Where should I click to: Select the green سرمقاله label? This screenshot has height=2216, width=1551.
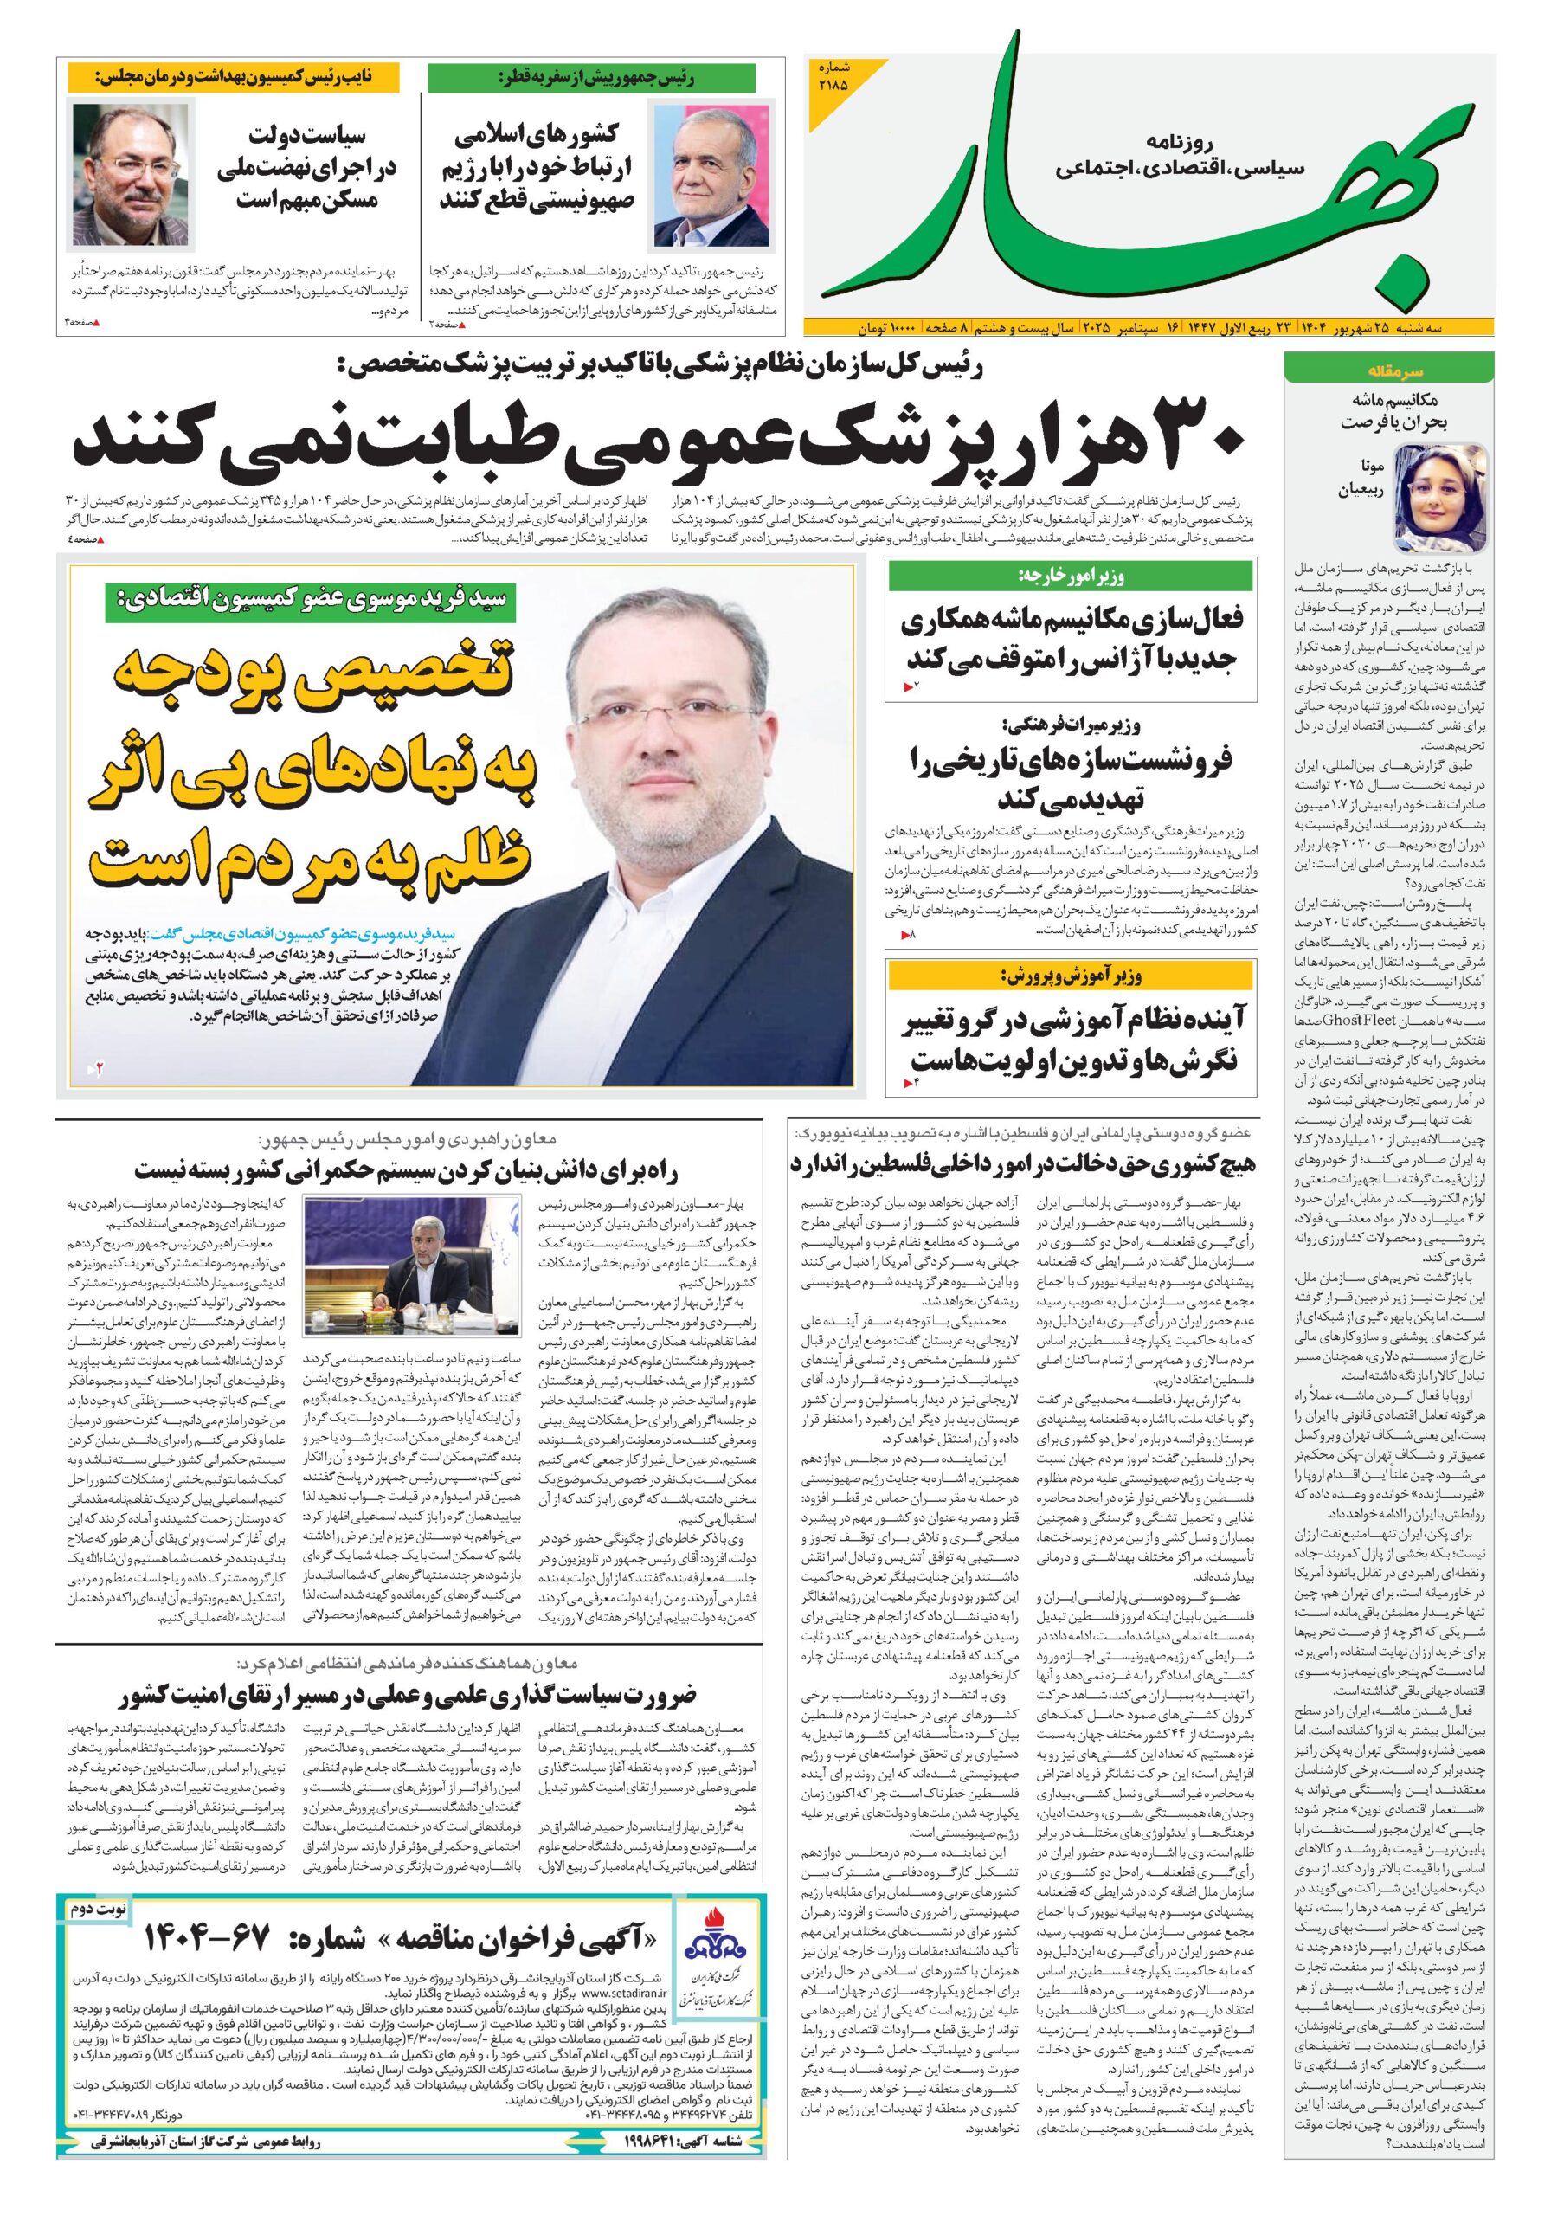point(1388,370)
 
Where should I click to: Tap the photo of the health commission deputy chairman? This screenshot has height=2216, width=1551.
point(131,174)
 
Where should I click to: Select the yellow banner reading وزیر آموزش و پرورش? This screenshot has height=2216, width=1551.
point(1072,977)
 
